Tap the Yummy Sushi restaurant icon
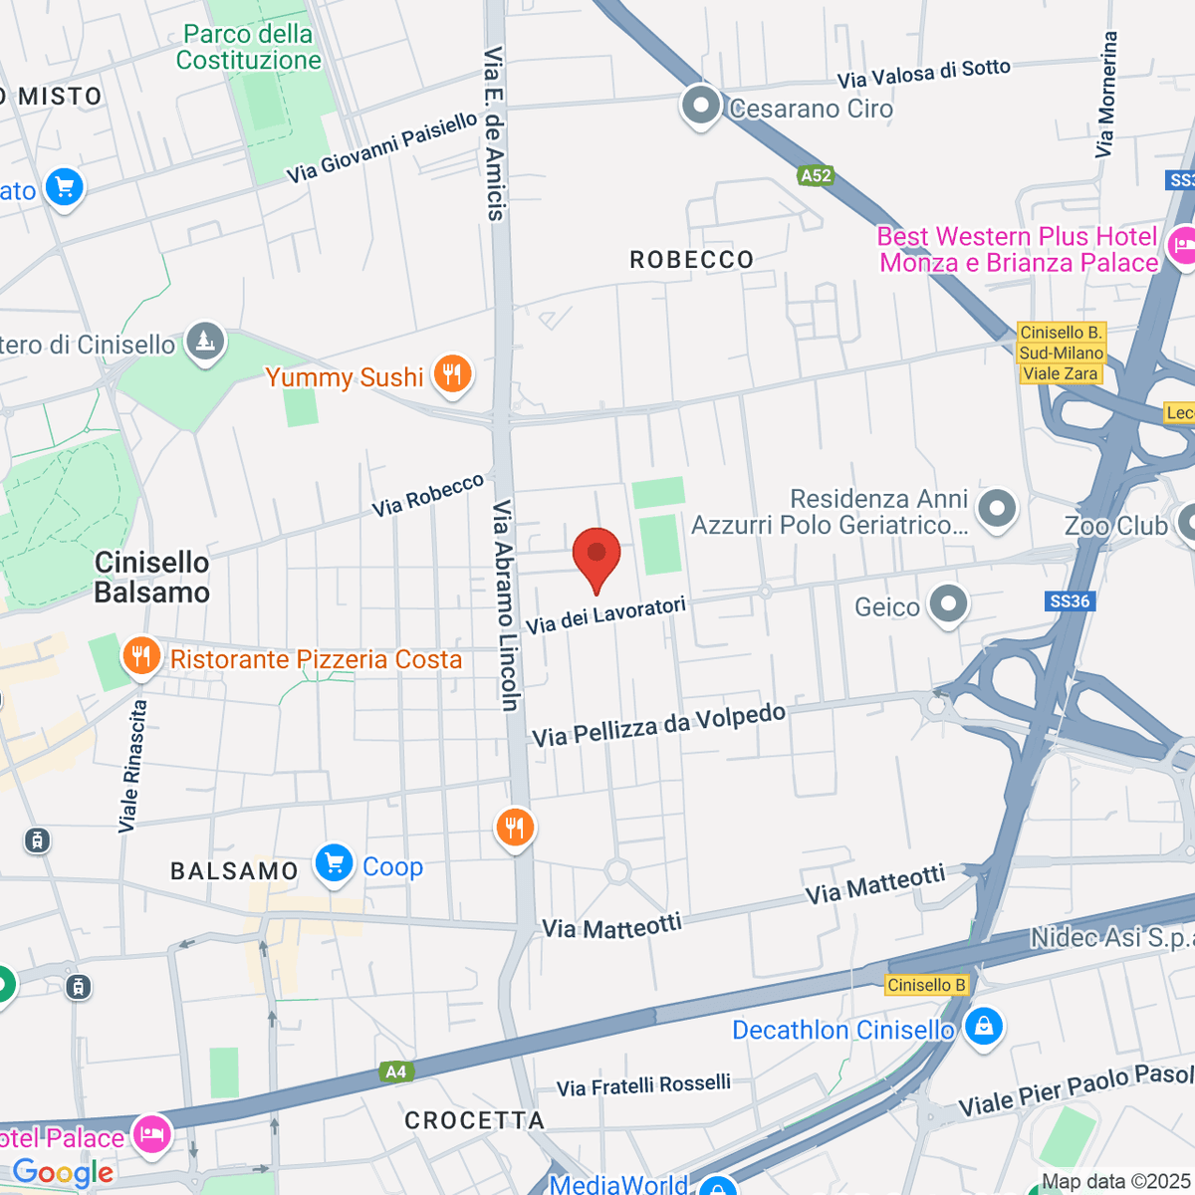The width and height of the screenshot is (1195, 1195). pos(452,374)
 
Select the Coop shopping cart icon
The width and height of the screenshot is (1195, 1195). pos(334,863)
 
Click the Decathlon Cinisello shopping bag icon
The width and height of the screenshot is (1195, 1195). pos(984,1027)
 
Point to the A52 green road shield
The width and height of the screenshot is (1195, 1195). pos(816,175)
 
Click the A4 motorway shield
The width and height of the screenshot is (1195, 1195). pos(396,1072)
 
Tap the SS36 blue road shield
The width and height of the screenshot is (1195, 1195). pos(1070,600)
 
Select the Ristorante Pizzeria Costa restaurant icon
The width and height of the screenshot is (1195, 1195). pos(141,656)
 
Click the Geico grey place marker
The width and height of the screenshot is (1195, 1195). pos(948,603)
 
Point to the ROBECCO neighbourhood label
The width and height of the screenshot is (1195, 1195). pos(692,260)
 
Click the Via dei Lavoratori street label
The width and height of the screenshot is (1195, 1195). pos(606,615)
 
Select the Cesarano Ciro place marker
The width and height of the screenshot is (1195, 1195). pos(701,106)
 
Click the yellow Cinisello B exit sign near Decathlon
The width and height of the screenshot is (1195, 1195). pos(926,985)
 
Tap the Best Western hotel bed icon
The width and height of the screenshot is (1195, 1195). pos(1182,244)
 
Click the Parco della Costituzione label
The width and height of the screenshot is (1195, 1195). pos(248,47)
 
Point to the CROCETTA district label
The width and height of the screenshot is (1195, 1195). pos(475,1120)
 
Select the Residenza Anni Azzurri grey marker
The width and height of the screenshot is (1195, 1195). pos(996,508)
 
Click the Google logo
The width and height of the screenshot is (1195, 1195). pos(64,1172)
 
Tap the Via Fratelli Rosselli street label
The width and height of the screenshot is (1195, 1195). pos(643,1085)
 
